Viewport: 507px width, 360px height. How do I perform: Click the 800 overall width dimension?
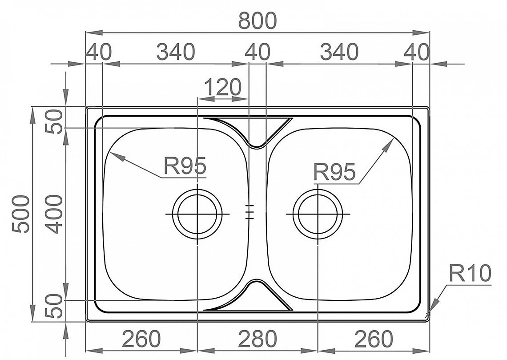tap(258, 21)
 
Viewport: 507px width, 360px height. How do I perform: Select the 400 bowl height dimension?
tap(53, 214)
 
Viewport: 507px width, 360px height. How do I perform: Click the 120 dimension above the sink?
tap(223, 87)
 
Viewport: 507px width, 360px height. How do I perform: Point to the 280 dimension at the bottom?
tap(258, 339)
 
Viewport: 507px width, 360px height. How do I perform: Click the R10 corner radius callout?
tap(470, 273)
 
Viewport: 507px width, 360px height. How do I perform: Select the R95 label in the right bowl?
tap(334, 172)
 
